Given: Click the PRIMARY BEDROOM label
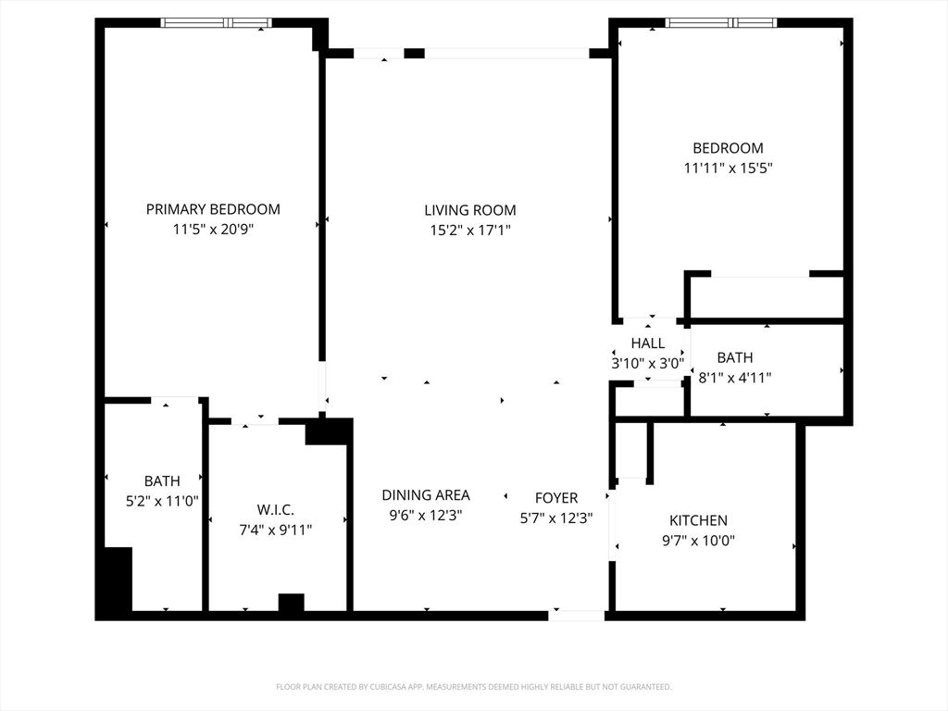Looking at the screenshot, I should (213, 209).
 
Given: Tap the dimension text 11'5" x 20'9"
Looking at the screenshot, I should (213, 230).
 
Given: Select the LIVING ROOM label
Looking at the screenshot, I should (470, 210).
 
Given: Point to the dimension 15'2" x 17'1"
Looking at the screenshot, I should (470, 231).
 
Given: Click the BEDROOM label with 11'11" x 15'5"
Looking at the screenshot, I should (728, 148).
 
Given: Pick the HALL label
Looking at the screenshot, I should (647, 343).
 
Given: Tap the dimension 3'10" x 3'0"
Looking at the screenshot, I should (647, 364).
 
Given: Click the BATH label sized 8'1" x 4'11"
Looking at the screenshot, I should (734, 357).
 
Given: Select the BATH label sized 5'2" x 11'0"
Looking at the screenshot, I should (162, 481).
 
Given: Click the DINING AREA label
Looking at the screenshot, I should (426, 495).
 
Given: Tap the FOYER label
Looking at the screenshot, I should (556, 498).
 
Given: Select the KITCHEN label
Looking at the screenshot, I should (698, 520).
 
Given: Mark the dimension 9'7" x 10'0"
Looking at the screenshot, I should (698, 541).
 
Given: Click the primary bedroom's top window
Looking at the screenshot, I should (217, 22).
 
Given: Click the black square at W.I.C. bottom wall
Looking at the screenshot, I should (291, 603).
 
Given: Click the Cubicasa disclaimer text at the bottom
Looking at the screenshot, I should (473, 687).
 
